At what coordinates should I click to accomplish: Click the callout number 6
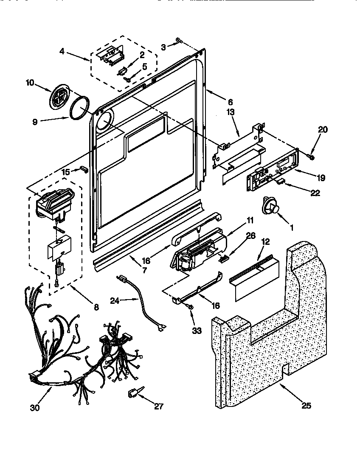click(230, 102)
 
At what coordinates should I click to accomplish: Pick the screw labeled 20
click(311, 157)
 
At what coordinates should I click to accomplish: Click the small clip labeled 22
click(281, 181)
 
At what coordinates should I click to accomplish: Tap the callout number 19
click(321, 178)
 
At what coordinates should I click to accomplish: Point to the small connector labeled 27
click(132, 395)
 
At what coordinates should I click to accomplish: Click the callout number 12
click(265, 242)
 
